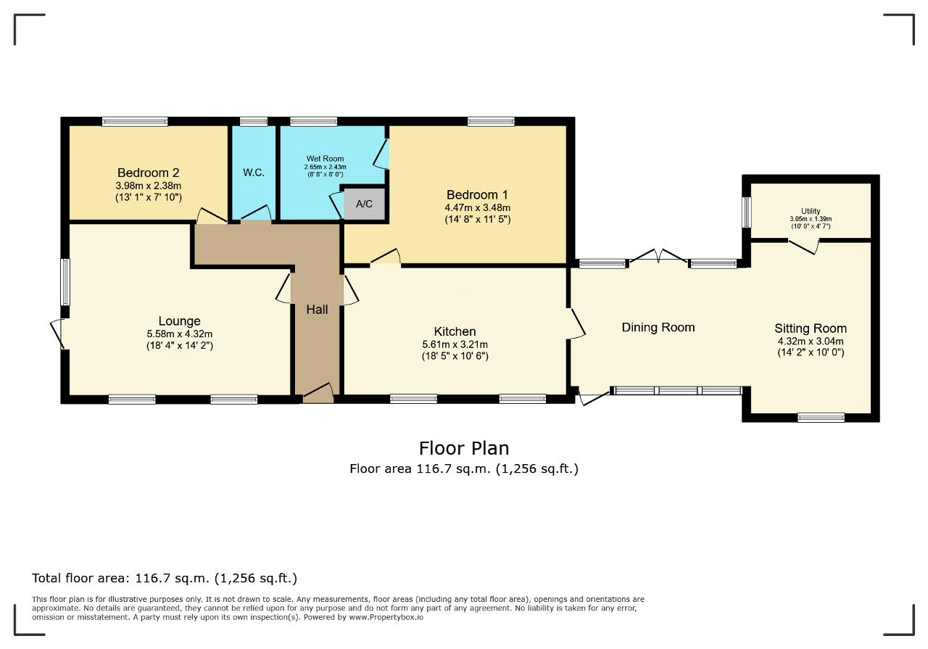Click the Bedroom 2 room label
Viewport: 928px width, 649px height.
[x=149, y=173]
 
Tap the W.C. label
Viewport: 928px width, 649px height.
[x=254, y=173]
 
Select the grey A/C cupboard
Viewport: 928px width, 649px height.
[x=365, y=204]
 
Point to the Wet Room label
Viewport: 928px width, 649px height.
[x=326, y=158]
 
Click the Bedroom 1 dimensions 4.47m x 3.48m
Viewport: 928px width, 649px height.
[x=478, y=207]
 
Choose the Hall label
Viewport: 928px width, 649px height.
[x=317, y=309]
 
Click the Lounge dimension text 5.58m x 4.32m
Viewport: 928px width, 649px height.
[x=179, y=334]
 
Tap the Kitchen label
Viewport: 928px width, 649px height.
[x=455, y=331]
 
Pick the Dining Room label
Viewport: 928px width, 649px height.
[x=658, y=327]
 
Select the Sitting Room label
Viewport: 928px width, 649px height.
[x=811, y=328]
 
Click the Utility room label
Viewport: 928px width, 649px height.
[x=811, y=211]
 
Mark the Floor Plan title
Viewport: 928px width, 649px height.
[x=464, y=448]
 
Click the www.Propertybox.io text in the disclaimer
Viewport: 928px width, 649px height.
[x=386, y=617]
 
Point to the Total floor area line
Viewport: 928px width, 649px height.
[x=165, y=578]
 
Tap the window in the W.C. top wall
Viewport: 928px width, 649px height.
[x=254, y=121]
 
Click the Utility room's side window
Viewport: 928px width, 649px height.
[x=746, y=212]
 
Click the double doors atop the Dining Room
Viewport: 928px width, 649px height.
[x=658, y=256]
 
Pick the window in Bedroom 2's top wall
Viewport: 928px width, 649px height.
[x=135, y=121]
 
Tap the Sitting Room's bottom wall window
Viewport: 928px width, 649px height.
[x=821, y=418]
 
